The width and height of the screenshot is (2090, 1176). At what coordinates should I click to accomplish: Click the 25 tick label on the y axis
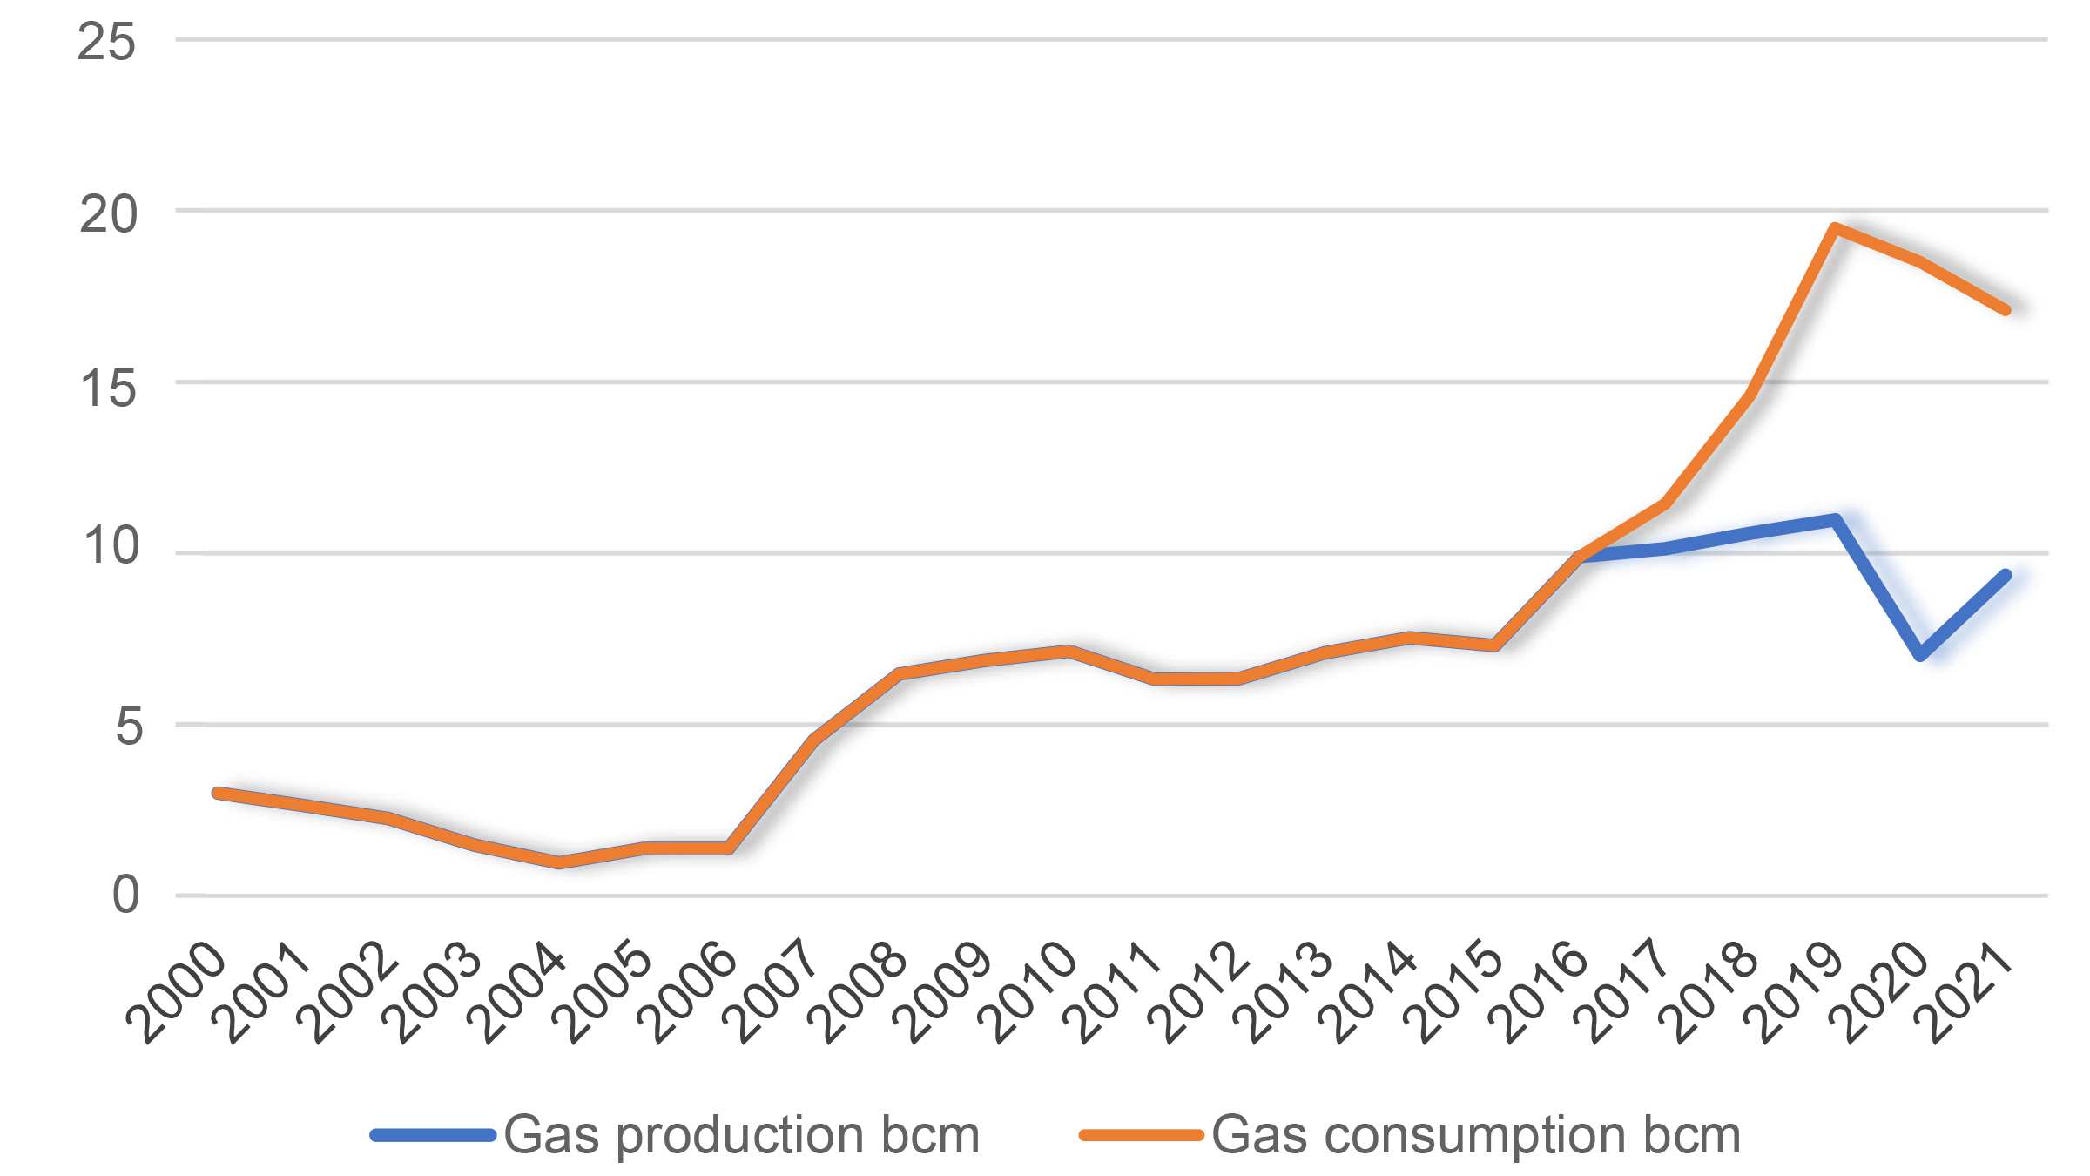pyautogui.click(x=106, y=42)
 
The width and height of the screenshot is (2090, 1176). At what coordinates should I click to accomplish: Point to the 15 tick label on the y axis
pyautogui.click(x=109, y=388)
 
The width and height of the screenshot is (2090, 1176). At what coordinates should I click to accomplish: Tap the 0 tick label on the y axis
pyautogui.click(x=125, y=895)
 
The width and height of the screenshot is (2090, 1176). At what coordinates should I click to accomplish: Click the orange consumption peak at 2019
pyautogui.click(x=1835, y=228)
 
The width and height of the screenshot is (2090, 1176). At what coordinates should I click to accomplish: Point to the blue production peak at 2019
pyautogui.click(x=1835, y=520)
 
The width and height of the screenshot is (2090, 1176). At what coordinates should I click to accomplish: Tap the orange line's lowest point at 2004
pyautogui.click(x=558, y=862)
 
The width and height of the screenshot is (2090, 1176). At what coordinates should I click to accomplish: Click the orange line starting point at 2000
pyautogui.click(x=217, y=793)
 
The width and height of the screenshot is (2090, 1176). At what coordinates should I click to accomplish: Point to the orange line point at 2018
pyautogui.click(x=1750, y=395)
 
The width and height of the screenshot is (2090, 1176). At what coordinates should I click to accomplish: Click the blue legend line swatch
pyautogui.click(x=433, y=1135)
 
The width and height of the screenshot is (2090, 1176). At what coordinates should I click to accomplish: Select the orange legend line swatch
pyautogui.click(x=1141, y=1135)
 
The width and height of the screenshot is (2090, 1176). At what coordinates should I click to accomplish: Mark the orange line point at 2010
pyautogui.click(x=1069, y=651)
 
